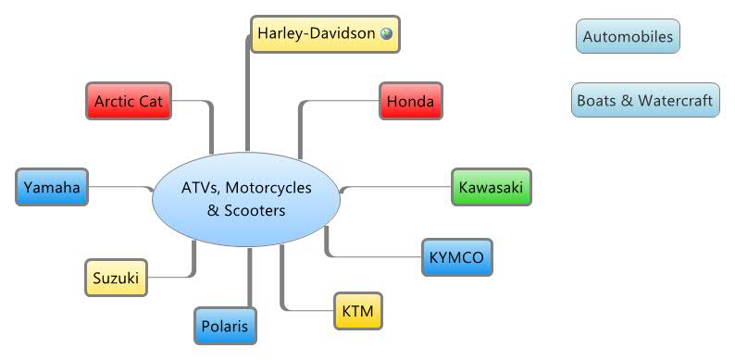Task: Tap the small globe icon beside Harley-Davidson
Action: click(x=386, y=33)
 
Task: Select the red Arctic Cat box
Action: click(x=129, y=101)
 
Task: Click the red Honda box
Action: click(x=410, y=101)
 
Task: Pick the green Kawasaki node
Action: click(x=491, y=188)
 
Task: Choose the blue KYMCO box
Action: click(x=457, y=257)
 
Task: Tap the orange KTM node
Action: click(x=357, y=311)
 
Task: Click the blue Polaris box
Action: click(x=226, y=326)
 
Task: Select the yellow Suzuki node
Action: click(x=115, y=277)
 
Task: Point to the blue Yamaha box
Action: click(x=51, y=188)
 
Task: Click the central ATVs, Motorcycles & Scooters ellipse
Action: click(x=246, y=199)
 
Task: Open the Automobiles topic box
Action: click(x=627, y=38)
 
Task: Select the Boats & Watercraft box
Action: click(x=645, y=100)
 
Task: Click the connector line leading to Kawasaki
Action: click(x=398, y=187)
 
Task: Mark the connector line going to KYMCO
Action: click(x=370, y=254)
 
